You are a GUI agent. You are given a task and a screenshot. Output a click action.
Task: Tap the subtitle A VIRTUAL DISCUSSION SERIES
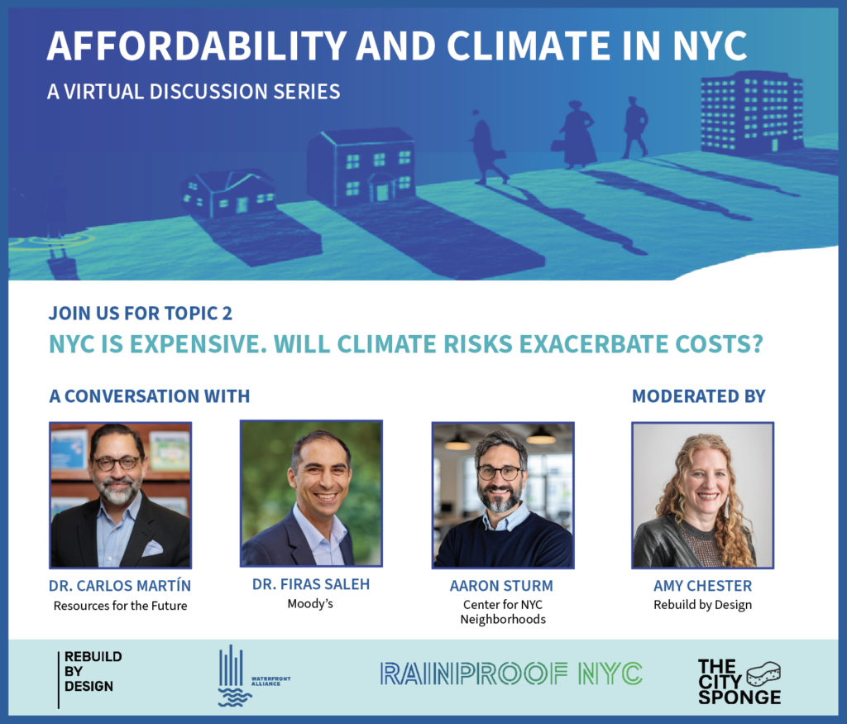(194, 91)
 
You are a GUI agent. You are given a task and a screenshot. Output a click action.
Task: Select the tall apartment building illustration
(751, 113)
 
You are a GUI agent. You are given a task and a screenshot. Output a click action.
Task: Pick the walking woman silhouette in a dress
(578, 134)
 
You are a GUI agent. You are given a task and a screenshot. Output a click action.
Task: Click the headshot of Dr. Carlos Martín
(121, 495)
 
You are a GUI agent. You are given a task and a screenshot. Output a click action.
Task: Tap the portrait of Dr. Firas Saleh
(311, 493)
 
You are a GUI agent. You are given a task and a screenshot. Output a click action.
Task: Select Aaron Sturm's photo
(502, 495)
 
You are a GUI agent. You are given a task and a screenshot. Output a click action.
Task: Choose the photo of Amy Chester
(702, 495)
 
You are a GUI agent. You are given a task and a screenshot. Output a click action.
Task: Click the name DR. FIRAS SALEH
(311, 585)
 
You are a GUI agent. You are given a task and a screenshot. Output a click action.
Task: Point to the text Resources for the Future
(121, 606)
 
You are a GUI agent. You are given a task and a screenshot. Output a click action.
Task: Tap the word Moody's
(311, 604)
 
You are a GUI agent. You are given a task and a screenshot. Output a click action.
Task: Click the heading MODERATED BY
(699, 396)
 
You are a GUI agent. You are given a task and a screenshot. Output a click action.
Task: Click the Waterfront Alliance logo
(248, 676)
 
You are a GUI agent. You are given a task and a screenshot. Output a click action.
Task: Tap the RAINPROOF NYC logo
(510, 674)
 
